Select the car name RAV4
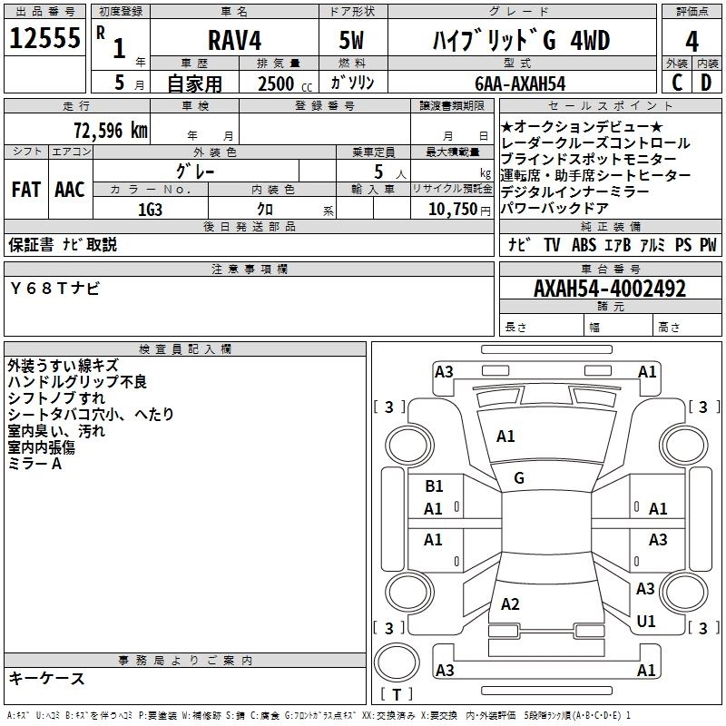[233, 42]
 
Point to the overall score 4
[692, 42]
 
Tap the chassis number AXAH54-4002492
[610, 289]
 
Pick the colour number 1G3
[150, 210]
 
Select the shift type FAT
[25, 189]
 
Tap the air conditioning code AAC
[69, 189]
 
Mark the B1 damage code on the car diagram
[435, 486]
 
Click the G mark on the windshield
[519, 478]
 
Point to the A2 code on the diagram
[510, 604]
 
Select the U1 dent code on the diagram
[646, 622]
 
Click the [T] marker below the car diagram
[397, 695]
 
